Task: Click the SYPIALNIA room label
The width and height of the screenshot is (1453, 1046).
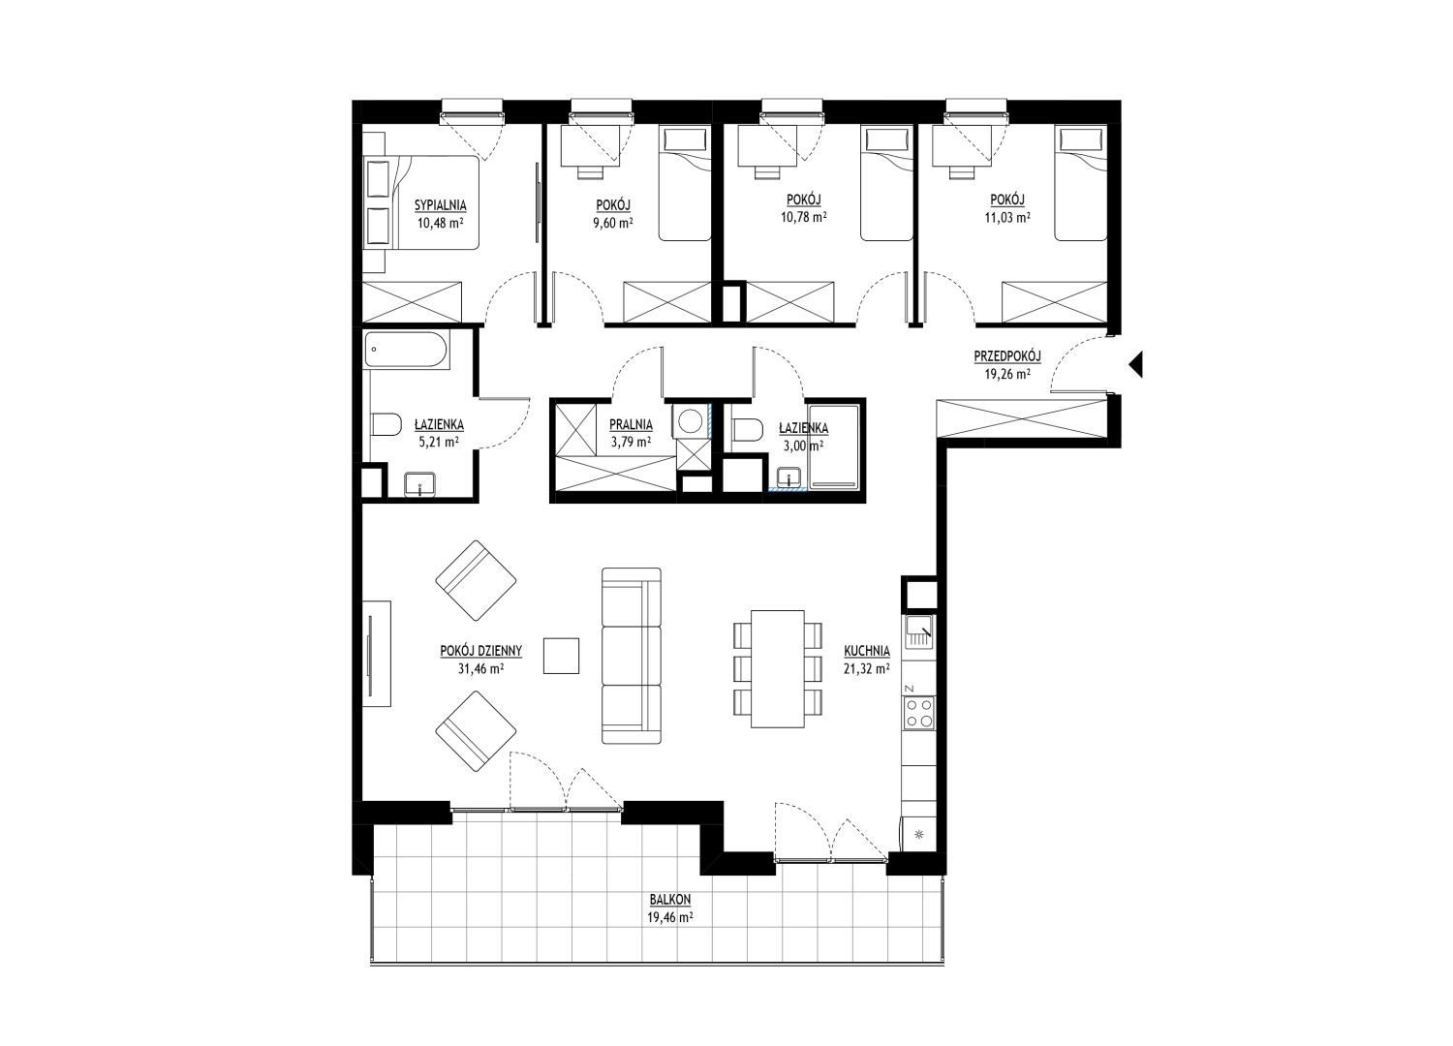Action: [x=441, y=206]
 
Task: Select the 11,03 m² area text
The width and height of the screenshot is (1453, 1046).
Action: [x=1007, y=218]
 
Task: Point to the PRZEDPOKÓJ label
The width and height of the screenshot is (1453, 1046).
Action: [x=1007, y=356]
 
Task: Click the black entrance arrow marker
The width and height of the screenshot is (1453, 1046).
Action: [x=1136, y=364]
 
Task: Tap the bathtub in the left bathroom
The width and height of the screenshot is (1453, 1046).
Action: [x=406, y=351]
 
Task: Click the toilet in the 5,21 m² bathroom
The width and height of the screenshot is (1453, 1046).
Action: [x=386, y=425]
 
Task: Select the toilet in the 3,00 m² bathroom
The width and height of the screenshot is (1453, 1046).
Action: [x=747, y=430]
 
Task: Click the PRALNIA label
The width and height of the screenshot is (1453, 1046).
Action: [x=631, y=425]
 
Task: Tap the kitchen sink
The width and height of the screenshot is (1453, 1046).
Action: [x=918, y=631]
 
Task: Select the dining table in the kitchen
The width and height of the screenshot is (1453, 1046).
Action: [x=778, y=668]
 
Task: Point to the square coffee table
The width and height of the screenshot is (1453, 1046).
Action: [x=561, y=656]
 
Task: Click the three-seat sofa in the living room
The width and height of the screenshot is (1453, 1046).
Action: [x=632, y=656]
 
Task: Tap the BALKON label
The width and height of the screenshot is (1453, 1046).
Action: [x=670, y=900]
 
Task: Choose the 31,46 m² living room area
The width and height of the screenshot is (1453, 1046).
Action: [x=481, y=668]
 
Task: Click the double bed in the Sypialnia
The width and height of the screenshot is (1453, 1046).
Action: [x=421, y=202]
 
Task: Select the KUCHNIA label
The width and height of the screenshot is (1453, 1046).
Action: [x=867, y=651]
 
